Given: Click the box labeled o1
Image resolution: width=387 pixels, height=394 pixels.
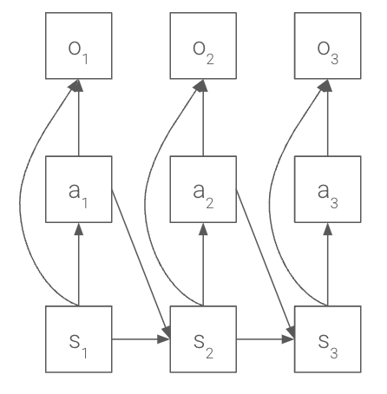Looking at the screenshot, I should tap(79, 46).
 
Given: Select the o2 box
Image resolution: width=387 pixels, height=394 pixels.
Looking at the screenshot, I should tap(203, 46).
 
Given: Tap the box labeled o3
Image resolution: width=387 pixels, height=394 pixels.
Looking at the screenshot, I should tap(327, 46).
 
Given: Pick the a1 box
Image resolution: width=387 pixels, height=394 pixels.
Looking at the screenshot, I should tap(79, 188).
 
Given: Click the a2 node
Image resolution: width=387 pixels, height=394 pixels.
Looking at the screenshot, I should tap(203, 188).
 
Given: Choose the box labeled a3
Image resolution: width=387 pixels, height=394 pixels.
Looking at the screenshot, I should tap(327, 188).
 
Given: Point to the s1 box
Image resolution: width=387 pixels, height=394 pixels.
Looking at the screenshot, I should tap(79, 339).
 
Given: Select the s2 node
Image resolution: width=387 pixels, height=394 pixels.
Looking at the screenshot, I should tap(203, 339).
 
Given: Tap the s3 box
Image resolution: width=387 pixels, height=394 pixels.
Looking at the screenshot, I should tap(327, 339).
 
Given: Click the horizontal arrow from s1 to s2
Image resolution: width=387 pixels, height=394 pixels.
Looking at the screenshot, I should tap(141, 339).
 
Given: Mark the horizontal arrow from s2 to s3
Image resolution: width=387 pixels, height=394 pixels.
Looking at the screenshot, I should tap(265, 339).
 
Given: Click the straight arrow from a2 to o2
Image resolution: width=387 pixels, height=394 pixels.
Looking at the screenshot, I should tap(203, 117).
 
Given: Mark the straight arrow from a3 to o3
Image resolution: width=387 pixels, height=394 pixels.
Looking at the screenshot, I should tap(327, 117).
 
